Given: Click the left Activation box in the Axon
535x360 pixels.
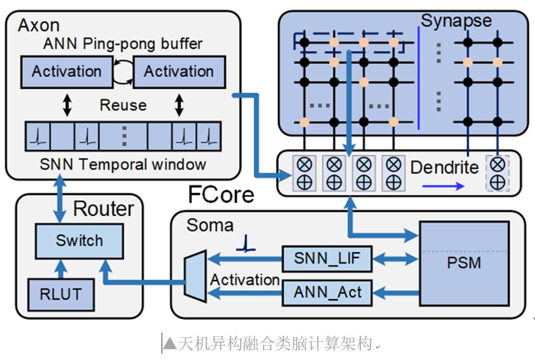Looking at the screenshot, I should (66, 72).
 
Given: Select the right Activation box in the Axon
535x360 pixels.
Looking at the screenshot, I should (179, 72).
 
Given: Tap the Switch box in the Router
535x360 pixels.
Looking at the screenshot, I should (79, 241).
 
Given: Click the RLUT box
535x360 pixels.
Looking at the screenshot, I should (61, 294).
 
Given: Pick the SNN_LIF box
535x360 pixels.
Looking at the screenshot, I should (327, 259).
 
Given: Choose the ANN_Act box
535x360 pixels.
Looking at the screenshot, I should (327, 293).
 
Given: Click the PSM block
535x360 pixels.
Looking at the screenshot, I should (464, 262).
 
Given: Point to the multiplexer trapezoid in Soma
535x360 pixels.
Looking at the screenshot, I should (195, 276).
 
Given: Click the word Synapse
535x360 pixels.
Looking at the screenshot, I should (456, 21).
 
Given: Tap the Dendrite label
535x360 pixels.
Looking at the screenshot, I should (444, 167).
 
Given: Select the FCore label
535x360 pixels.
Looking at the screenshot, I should (221, 194).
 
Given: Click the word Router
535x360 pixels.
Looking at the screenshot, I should (103, 208).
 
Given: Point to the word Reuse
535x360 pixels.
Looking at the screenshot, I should (123, 105).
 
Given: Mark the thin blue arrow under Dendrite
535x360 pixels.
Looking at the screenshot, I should (445, 186).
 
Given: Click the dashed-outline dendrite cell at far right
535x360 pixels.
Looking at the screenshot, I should (497, 173).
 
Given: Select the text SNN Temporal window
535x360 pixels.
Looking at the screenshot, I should (123, 164).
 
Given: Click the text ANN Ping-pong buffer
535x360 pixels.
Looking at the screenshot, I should (123, 44).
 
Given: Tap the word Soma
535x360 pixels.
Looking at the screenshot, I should (210, 225).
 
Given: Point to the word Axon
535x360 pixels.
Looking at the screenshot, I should (39, 25).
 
